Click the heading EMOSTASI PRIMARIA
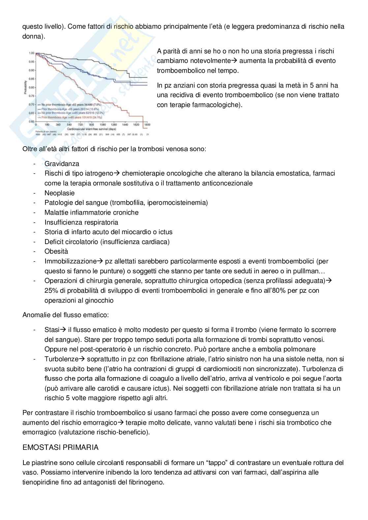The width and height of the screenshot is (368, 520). point(60,447)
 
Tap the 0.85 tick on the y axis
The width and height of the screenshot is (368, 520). point(32,79)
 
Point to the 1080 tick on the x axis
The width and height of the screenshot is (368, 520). point(103,125)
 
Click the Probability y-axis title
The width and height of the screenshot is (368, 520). point(25,87)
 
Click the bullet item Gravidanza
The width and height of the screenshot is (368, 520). point(62,163)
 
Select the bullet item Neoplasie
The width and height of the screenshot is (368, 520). point(59,193)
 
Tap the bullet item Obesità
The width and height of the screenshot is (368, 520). point(56,251)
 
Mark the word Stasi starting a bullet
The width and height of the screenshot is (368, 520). point(51,329)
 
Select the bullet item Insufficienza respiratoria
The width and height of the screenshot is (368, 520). point(81,222)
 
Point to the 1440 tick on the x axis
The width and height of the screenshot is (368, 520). point(125,125)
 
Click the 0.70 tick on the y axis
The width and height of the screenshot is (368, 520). point(32,104)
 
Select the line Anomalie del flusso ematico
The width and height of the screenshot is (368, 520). point(66,315)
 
